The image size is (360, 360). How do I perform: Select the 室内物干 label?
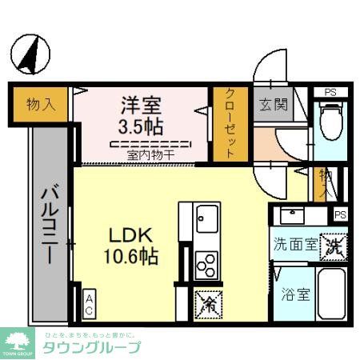point(149,154)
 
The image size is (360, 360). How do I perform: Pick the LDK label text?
point(128,237)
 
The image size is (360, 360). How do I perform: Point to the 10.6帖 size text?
point(128,257)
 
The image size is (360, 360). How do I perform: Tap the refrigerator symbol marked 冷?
point(208,302)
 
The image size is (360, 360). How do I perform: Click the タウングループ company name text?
point(92,347)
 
